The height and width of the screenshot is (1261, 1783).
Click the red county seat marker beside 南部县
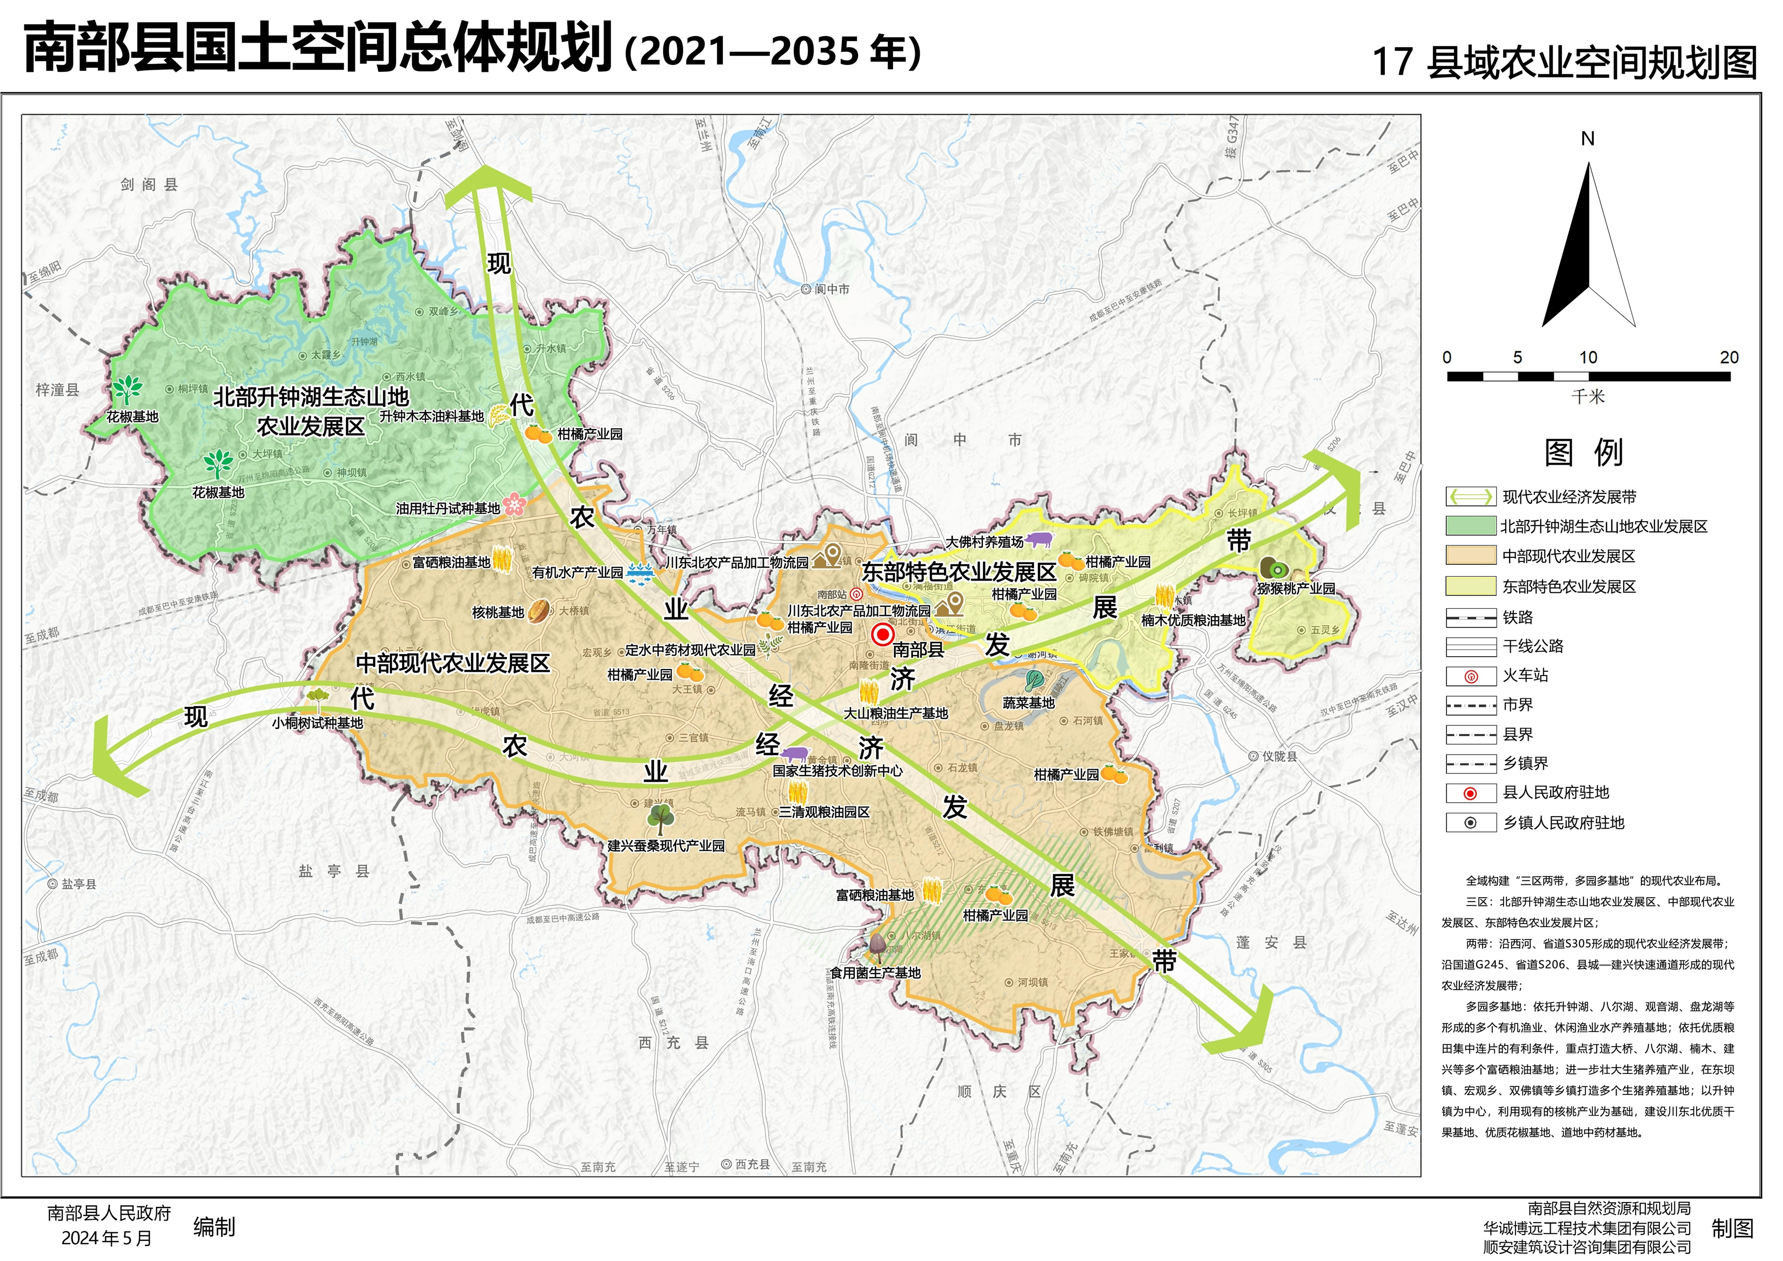click(882, 635)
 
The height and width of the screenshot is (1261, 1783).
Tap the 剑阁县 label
click(149, 184)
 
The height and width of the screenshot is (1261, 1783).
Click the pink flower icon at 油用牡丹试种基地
click(514, 506)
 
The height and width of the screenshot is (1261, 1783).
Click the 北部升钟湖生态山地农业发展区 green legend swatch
click(1470, 526)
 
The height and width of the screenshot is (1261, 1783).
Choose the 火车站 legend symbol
click(1470, 676)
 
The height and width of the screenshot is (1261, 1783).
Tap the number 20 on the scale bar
click(1728, 357)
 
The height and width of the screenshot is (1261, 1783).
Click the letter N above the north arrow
click(1587, 139)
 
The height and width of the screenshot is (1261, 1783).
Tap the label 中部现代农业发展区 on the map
click(453, 663)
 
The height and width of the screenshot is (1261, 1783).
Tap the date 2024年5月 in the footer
click(106, 1238)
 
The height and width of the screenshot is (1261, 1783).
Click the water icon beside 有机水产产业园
click(639, 572)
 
